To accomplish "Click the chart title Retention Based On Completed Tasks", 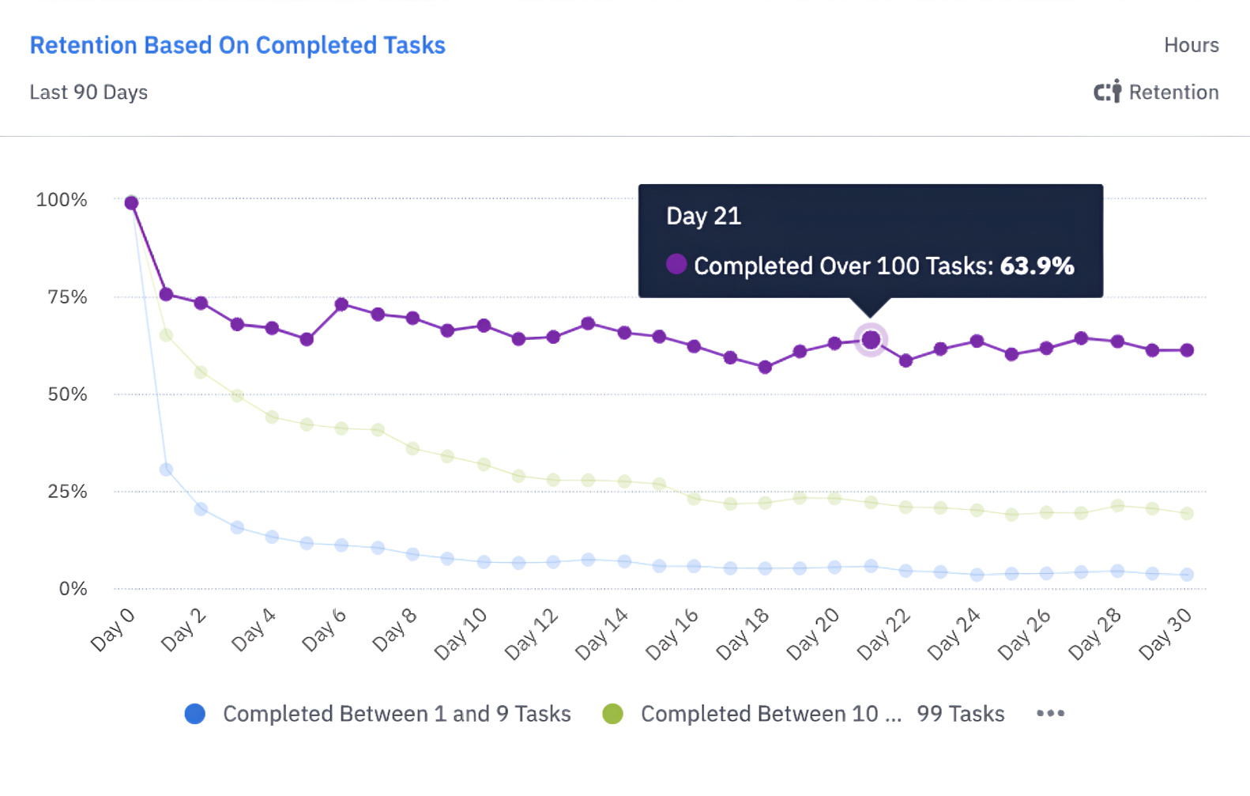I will [x=237, y=46].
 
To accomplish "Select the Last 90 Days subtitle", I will [x=88, y=92].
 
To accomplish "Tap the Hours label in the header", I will [x=1191, y=46].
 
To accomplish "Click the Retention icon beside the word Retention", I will [x=1107, y=92].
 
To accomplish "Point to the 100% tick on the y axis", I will [x=62, y=200].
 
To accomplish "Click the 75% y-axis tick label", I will [x=67, y=297].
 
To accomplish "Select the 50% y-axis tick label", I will [x=67, y=394].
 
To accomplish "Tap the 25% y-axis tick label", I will [x=67, y=492].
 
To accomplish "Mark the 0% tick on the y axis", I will [x=73, y=589].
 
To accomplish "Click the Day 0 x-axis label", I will [x=113, y=630].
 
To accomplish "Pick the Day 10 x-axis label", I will [x=461, y=634].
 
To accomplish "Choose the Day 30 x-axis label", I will [x=1165, y=634].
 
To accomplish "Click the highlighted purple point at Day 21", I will [x=871, y=340].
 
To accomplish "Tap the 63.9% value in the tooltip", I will [x=1037, y=266].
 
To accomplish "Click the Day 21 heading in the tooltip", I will [x=703, y=217].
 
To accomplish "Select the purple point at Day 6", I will [x=341, y=304].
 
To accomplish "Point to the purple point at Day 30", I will [x=1187, y=350].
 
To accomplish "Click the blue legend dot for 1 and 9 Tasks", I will [x=195, y=714].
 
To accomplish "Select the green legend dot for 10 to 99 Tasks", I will [x=612, y=714].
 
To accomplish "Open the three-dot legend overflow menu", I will [x=1050, y=714].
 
